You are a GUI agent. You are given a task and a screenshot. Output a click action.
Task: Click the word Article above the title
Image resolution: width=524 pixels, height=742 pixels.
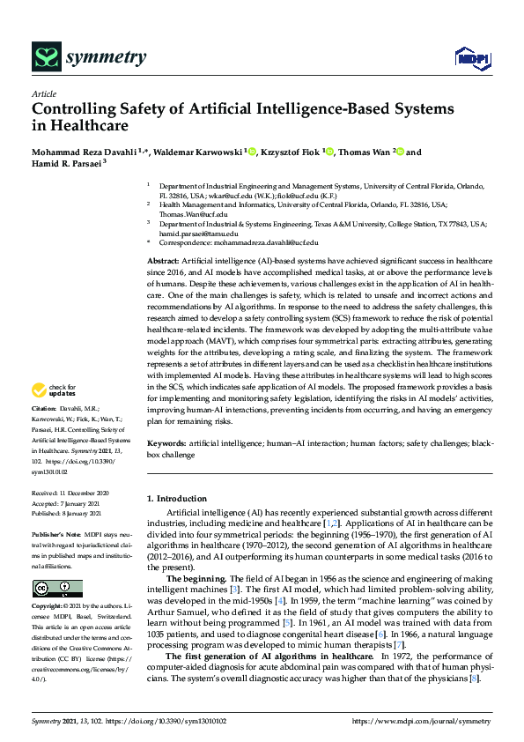43,93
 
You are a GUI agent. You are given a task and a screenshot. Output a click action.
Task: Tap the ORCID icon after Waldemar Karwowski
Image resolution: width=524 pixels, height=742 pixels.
252,152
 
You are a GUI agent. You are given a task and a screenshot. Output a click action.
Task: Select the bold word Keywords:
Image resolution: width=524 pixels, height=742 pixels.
166,442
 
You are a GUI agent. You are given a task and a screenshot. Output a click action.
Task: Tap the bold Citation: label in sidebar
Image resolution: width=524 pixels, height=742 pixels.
45,409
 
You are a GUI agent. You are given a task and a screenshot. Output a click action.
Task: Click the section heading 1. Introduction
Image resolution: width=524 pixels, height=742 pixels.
177,499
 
